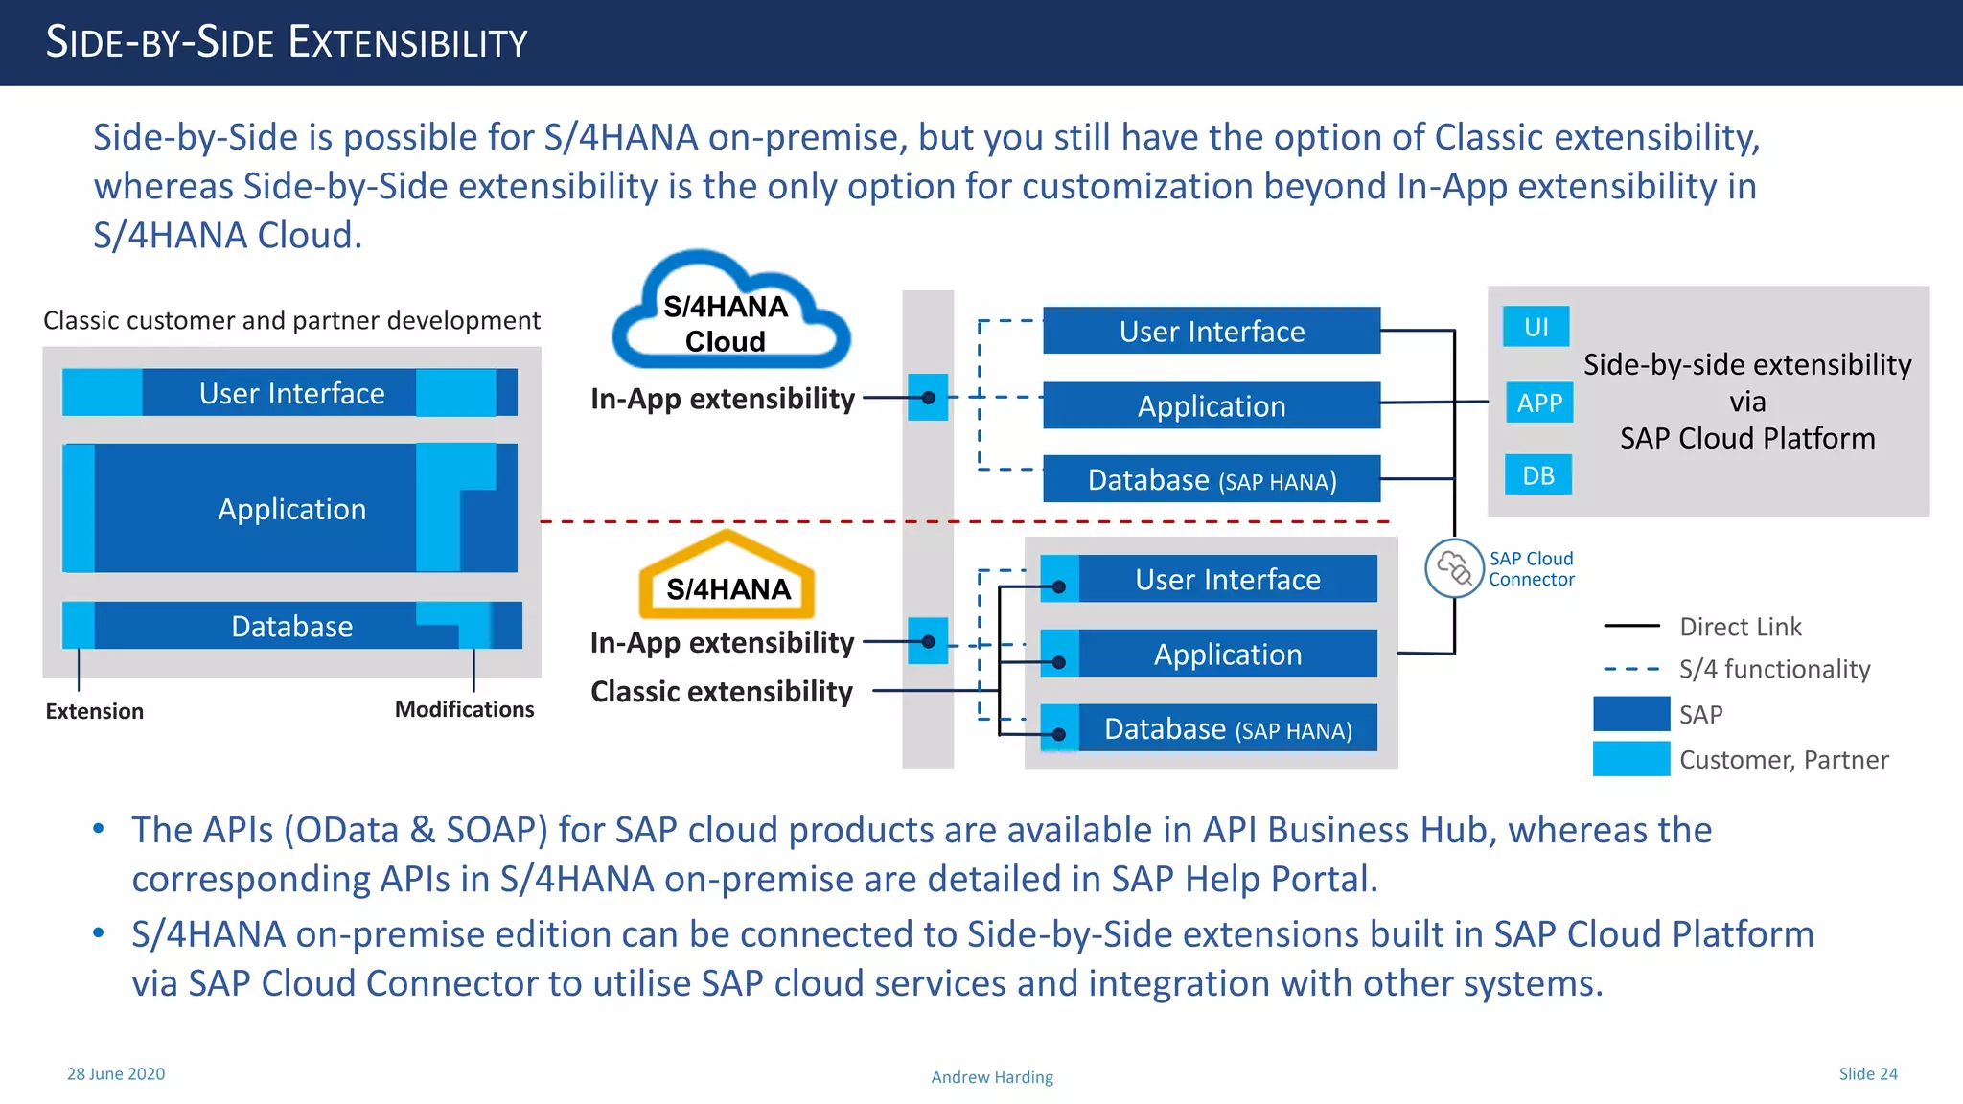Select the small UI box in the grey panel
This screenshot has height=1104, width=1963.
click(x=1536, y=327)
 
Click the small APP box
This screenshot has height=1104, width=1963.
click(x=1538, y=402)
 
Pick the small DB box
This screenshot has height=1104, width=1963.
click(x=1537, y=475)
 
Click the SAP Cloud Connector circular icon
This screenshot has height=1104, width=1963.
click(x=1453, y=568)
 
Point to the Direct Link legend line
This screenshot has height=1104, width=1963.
click(x=1631, y=626)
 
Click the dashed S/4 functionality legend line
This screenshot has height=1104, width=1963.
click(x=1631, y=669)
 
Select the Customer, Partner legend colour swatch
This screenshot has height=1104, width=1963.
click(x=1631, y=759)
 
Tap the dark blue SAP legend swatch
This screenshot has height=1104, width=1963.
click(x=1631, y=714)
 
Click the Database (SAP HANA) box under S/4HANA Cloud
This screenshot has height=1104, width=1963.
click(x=1212, y=479)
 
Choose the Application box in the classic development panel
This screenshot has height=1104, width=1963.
click(x=290, y=508)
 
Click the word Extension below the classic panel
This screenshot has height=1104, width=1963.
click(x=94, y=711)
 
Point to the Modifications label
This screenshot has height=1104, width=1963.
click(x=464, y=709)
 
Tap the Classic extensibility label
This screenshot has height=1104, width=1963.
click(x=721, y=691)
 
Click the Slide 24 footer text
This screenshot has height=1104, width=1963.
click(x=1867, y=1073)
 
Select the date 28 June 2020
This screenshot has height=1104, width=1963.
click(x=116, y=1073)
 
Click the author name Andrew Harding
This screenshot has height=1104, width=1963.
click(x=992, y=1077)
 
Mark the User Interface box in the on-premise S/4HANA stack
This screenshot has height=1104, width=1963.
click(x=1227, y=579)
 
